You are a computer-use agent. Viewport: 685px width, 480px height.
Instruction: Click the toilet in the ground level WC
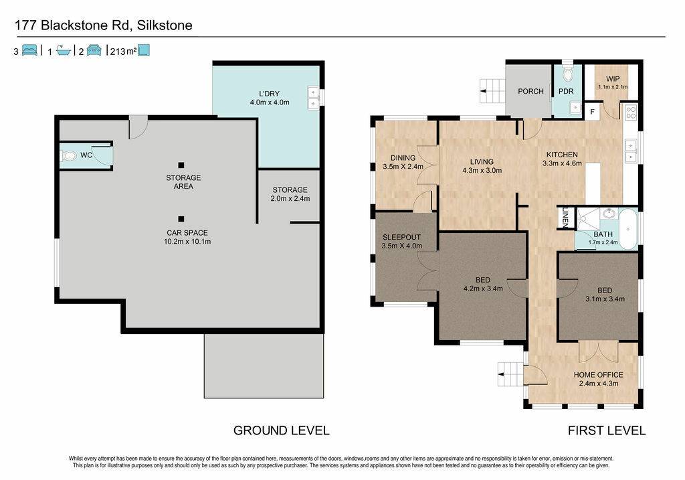point(69,155)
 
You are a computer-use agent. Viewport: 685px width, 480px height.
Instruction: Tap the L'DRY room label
point(269,94)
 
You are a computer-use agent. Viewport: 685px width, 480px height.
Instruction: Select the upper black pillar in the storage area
point(181,165)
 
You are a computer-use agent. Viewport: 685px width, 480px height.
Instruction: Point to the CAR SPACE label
point(187,233)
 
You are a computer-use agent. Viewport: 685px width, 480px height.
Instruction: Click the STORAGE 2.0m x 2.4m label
point(290,194)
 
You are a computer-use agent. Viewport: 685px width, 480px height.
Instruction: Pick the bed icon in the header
point(29,50)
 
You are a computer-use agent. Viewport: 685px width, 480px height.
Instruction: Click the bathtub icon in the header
point(64,51)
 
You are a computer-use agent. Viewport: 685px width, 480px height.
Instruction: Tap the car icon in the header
point(94,50)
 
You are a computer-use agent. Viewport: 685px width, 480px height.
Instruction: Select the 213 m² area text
point(123,52)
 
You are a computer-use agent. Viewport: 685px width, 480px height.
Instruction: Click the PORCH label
point(530,91)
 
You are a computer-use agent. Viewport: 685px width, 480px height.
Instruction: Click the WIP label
point(613,79)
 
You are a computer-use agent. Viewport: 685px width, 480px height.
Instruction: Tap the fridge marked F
point(593,112)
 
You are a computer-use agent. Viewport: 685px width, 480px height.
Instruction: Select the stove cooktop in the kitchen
point(631,112)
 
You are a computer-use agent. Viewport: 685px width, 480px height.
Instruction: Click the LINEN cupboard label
point(565,218)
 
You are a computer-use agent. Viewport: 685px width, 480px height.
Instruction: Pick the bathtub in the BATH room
point(627,229)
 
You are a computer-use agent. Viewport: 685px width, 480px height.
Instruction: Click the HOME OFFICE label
point(599,375)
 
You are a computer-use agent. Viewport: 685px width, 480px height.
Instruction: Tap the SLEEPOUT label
point(401,238)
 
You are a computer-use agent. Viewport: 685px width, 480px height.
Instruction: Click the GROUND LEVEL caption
point(282,430)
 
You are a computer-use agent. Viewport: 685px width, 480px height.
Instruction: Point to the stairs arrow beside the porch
point(484,91)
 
